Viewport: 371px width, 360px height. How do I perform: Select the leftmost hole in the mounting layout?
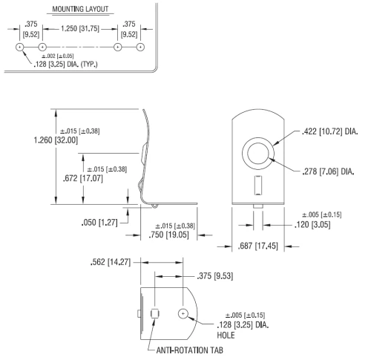20,47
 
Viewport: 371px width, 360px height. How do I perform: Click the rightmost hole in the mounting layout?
140,47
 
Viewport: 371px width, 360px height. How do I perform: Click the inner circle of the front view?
258,154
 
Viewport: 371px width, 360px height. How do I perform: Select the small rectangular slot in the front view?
257,184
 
